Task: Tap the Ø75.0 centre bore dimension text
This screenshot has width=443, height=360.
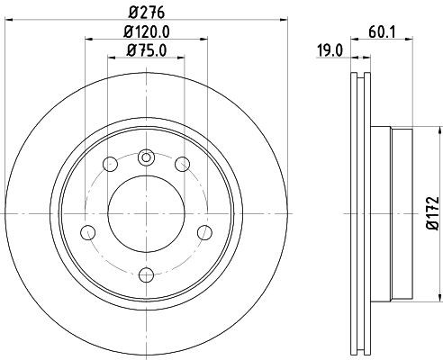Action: [x=145, y=50]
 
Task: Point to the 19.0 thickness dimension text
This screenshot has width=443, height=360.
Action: [x=330, y=51]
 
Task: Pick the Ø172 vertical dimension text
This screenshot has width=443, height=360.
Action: [x=431, y=212]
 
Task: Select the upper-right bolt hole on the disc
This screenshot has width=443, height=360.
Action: [x=181, y=163]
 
